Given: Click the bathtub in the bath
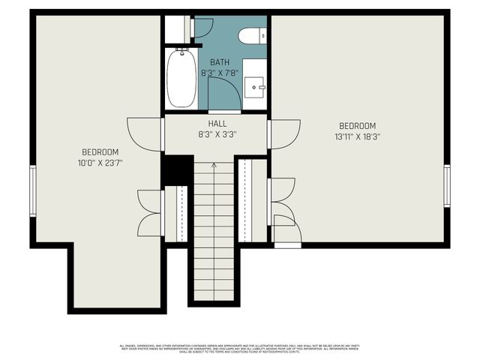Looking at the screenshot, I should click(x=181, y=78).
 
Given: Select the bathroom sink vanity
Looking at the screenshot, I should click(x=256, y=88).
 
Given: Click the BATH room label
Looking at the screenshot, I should click(x=220, y=61).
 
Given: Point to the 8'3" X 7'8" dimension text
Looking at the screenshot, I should click(x=220, y=72).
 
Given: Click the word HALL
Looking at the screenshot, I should click(x=217, y=124).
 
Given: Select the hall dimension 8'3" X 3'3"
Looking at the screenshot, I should click(x=217, y=135).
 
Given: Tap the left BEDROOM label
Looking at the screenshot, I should click(x=100, y=151).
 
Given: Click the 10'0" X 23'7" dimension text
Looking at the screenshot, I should click(x=100, y=162).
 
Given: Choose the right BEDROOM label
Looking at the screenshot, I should click(x=357, y=126).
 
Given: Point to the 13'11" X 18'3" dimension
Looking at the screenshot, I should click(x=357, y=137).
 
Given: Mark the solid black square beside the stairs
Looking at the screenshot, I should click(x=177, y=169).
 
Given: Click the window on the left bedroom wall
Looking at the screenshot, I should click(x=32, y=190).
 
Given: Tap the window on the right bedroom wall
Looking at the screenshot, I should click(x=447, y=185).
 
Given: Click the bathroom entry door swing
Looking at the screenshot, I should click(x=223, y=94).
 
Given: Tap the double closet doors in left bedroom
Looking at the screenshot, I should click(x=151, y=213).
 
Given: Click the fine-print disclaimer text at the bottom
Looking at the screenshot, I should click(x=240, y=348).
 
